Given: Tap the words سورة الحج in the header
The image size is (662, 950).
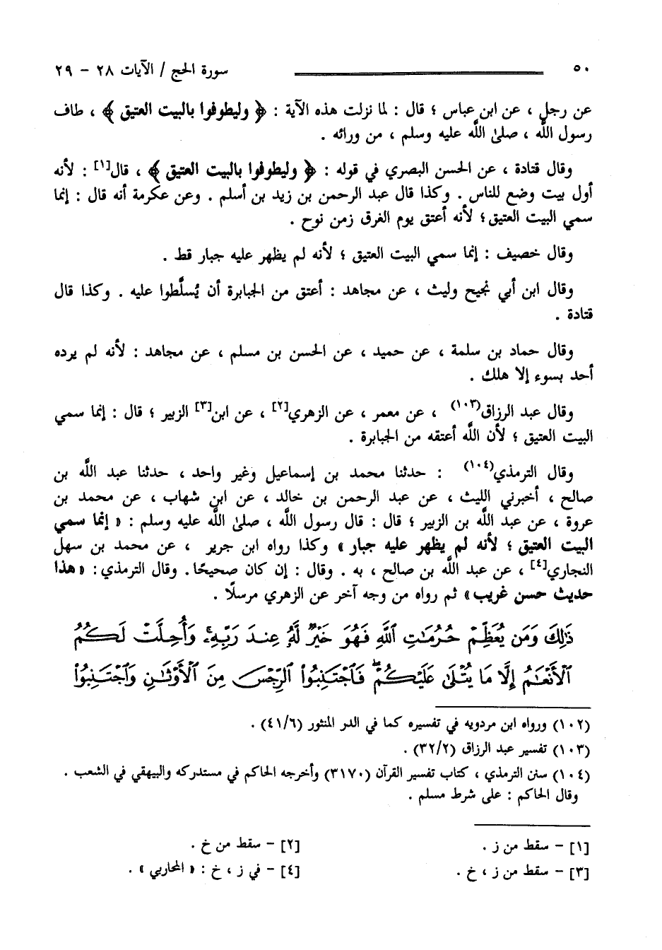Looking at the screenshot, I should point(213,71).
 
